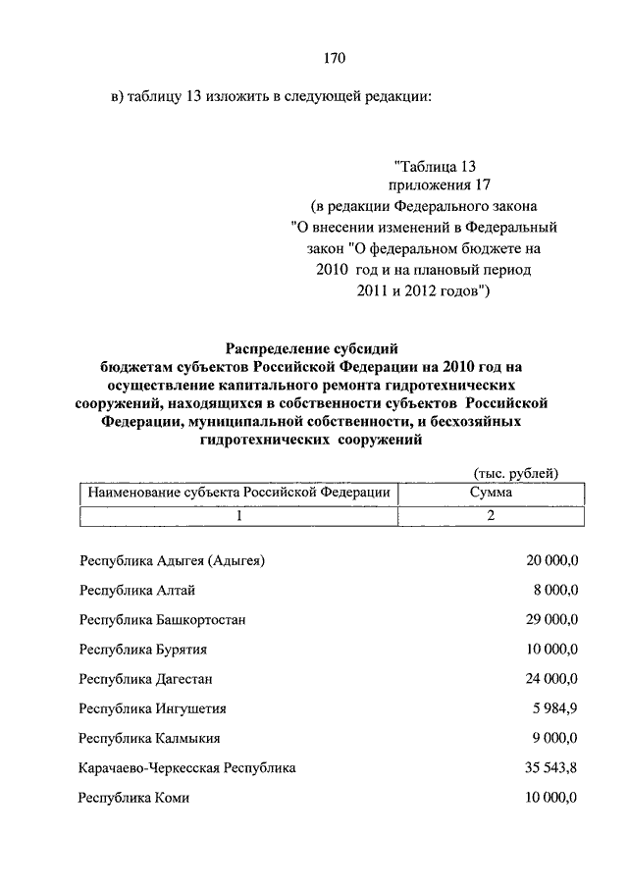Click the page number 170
point(335,58)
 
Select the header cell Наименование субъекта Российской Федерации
point(239,493)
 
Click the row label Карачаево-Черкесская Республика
point(187,767)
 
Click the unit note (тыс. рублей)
point(516,474)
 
